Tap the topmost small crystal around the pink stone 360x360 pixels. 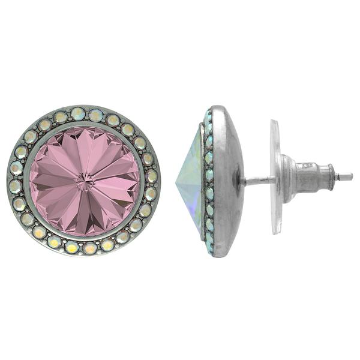pyautogui.click(x=79, y=113)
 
